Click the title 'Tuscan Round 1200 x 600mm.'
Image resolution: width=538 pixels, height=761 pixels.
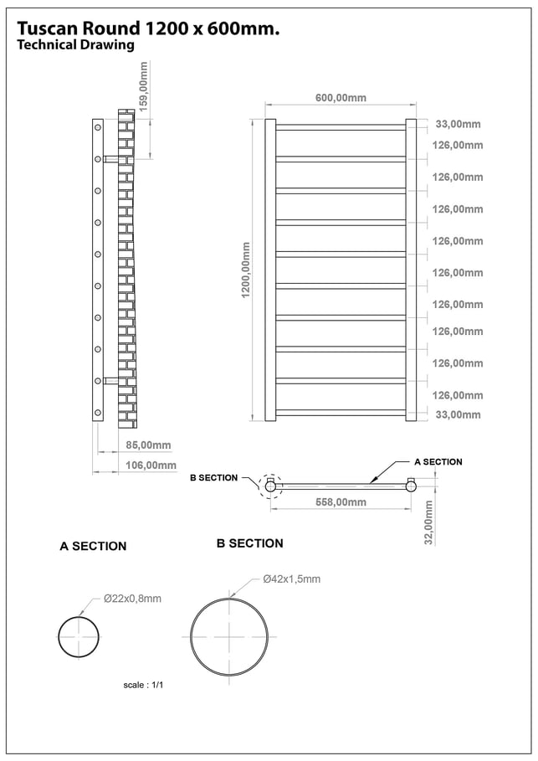tap(148, 28)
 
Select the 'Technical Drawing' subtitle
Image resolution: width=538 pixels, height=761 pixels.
tap(75, 44)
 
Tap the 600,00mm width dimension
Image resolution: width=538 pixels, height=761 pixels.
tap(341, 98)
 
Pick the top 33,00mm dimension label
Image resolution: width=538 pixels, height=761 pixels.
tap(458, 124)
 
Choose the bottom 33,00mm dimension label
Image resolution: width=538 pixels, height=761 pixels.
tap(458, 414)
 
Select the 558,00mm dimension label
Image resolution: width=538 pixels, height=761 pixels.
tap(341, 502)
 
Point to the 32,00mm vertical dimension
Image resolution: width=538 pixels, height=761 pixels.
tap(428, 523)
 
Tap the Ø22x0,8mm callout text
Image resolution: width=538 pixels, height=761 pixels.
tap(132, 599)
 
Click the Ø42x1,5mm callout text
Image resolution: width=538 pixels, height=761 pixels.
tap(291, 578)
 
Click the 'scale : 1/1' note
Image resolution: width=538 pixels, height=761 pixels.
tap(144, 684)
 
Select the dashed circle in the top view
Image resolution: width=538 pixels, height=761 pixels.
tap(270, 485)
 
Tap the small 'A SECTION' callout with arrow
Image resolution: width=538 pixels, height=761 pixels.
tap(438, 462)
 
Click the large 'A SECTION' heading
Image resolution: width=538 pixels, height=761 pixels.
tap(93, 546)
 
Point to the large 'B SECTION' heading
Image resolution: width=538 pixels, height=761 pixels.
tap(249, 543)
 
